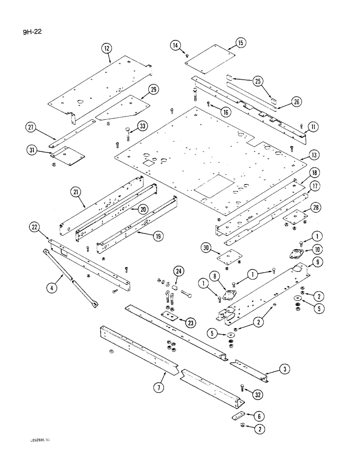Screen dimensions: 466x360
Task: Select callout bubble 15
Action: pos(241,43)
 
